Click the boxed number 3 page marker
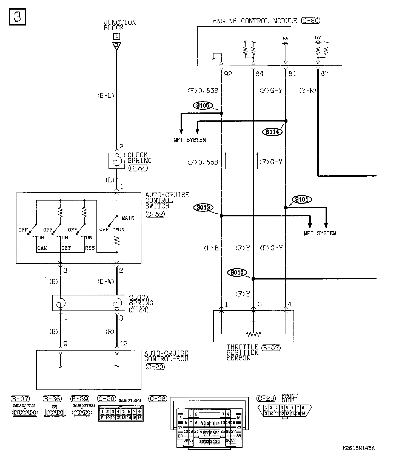point(18,17)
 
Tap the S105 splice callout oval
point(203,106)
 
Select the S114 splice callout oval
point(272,132)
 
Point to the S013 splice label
point(203,207)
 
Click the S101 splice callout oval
point(302,199)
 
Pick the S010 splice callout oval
point(237,273)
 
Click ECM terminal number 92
point(228,74)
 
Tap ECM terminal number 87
point(324,74)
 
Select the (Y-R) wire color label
point(308,90)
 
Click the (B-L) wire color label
point(106,95)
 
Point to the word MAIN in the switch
point(128,218)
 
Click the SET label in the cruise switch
point(66,248)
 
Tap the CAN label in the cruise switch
point(42,248)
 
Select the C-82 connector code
point(155,214)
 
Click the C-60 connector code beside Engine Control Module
point(310,21)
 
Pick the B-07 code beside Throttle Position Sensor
point(271,348)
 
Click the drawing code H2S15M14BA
point(358,448)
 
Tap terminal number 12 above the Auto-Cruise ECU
point(124,344)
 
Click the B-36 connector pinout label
point(52,399)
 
